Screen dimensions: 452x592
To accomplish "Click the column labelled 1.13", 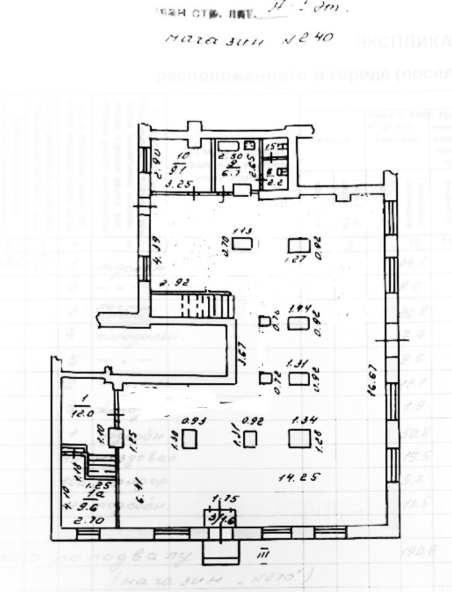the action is point(243,242).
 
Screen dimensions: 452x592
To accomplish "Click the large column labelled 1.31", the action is point(299,379).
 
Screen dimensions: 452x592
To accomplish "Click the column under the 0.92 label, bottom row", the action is point(249,439).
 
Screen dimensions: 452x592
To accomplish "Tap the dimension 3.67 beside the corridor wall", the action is point(243,357).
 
